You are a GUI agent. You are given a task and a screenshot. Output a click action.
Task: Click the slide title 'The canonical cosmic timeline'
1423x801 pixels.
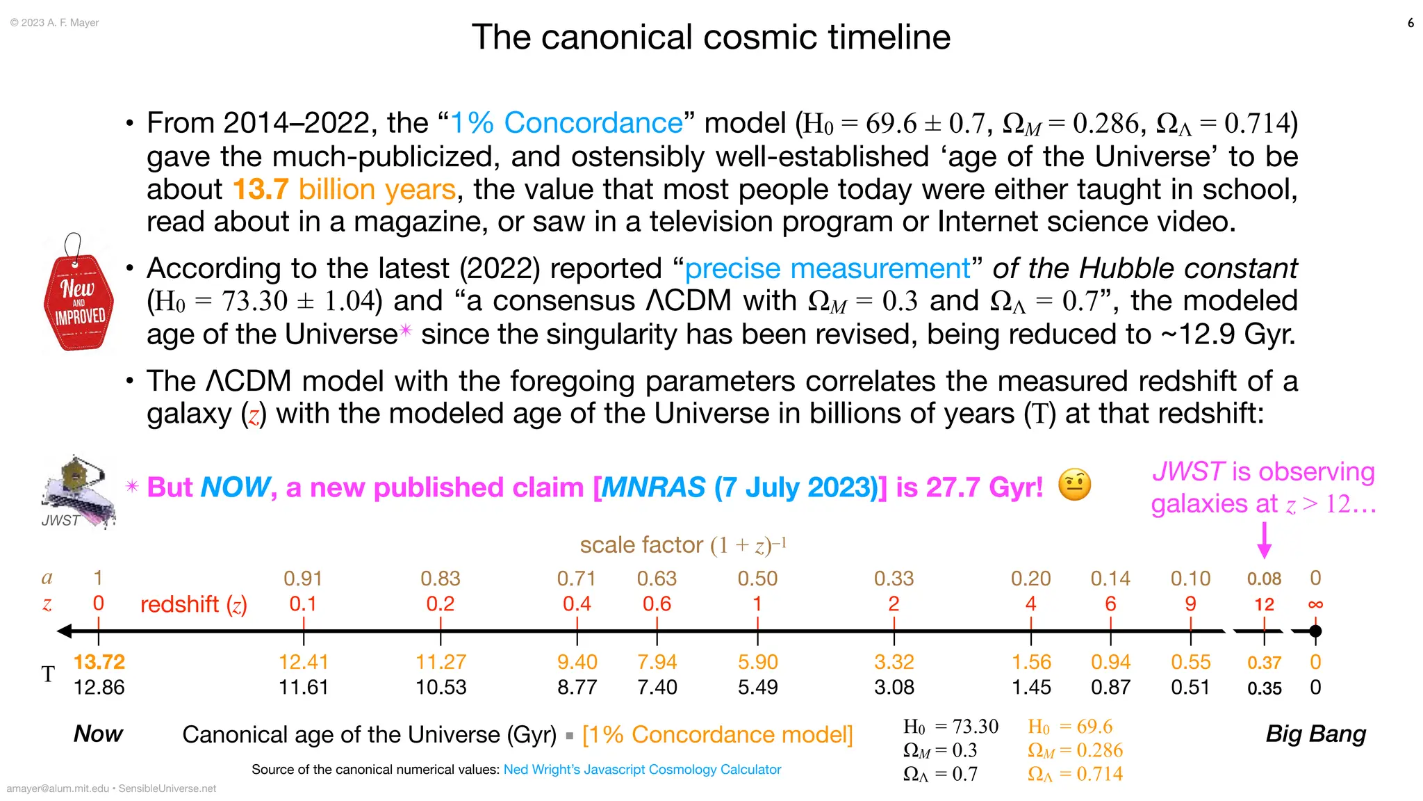click(x=710, y=37)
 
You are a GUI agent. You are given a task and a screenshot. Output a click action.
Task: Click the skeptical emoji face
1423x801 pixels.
click(x=1074, y=485)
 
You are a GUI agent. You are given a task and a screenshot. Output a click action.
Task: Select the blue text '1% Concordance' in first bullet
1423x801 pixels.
click(x=566, y=123)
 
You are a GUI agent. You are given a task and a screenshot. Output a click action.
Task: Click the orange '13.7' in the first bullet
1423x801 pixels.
click(x=261, y=189)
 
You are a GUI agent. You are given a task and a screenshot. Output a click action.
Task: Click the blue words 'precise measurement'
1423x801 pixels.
click(x=827, y=268)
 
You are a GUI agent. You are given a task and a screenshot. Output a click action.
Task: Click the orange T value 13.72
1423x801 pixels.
click(x=99, y=662)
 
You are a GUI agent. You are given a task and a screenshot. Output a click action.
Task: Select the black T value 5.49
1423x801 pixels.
click(x=757, y=688)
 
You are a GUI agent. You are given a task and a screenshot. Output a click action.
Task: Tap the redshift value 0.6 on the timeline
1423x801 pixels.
click(x=657, y=604)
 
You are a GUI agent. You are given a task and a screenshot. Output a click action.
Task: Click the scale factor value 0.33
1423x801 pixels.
click(x=894, y=578)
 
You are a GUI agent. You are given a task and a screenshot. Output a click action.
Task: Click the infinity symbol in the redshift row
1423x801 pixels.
click(x=1315, y=604)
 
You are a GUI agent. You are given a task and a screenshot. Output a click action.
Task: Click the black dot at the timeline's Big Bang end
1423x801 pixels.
click(x=1315, y=631)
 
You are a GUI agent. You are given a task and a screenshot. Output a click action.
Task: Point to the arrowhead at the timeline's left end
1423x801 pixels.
click(x=65, y=631)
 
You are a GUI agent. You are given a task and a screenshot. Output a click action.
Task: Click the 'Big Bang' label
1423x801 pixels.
click(x=1315, y=734)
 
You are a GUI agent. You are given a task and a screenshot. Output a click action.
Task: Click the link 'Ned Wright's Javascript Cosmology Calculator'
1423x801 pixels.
click(x=642, y=770)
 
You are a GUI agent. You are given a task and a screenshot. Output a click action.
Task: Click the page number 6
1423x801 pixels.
click(x=1410, y=23)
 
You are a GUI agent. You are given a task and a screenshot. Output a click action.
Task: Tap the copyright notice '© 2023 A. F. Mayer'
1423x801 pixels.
click(x=55, y=23)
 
